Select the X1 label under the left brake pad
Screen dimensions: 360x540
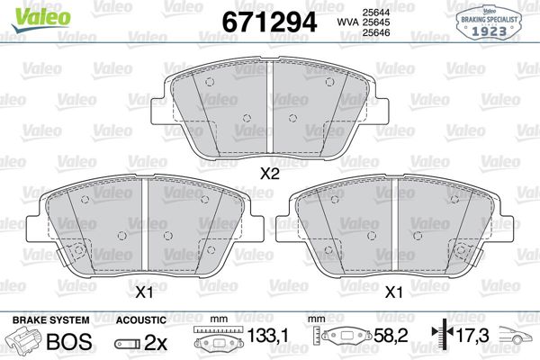click(143, 292)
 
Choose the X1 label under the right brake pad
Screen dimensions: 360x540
click(393, 292)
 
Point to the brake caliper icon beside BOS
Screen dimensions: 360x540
click(25, 342)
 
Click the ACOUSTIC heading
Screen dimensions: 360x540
click(141, 320)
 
